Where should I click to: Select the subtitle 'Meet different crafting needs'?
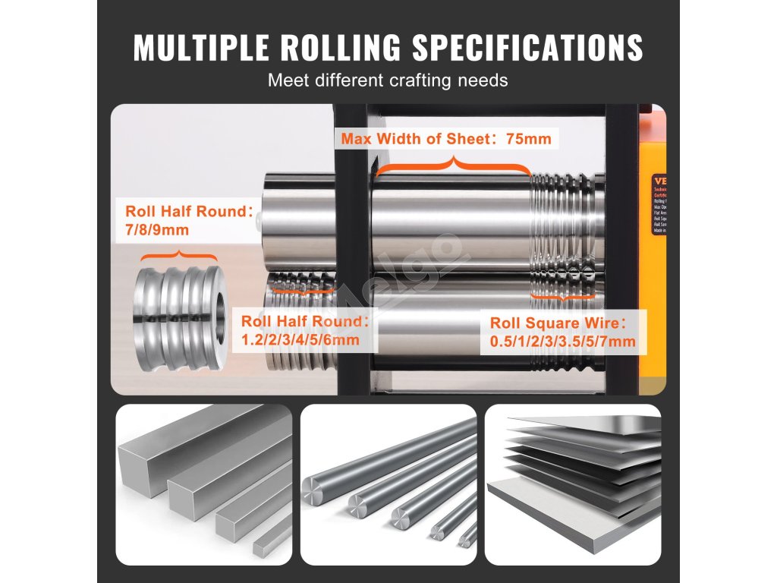click(x=388, y=80)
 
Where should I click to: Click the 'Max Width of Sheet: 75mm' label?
click(x=445, y=139)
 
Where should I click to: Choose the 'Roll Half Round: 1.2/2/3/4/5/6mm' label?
click(x=304, y=330)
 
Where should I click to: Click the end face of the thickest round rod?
click(x=313, y=493)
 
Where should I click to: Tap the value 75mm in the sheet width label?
click(x=528, y=139)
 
